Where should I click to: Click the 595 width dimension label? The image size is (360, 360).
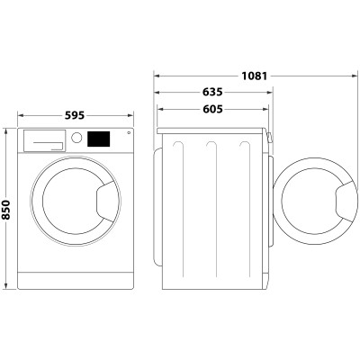point(76,115)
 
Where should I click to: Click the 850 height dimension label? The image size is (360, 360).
point(7,210)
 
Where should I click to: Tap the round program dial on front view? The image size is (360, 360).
point(77,139)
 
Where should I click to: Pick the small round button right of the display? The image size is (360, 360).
point(128,136)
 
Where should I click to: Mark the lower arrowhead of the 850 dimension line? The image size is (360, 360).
point(20,287)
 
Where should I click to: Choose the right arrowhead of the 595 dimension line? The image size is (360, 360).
point(131,115)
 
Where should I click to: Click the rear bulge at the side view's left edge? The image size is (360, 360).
point(159,207)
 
